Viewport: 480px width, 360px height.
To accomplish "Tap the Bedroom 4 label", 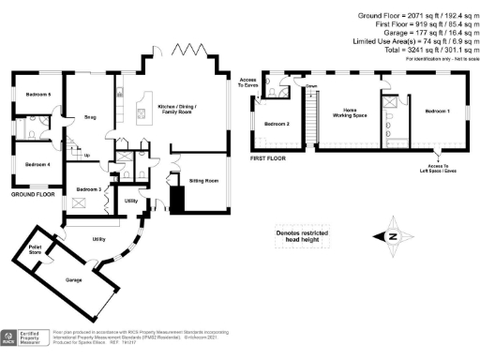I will (37, 164).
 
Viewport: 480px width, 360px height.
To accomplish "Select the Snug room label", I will (90, 117).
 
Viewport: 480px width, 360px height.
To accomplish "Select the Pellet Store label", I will (37, 249).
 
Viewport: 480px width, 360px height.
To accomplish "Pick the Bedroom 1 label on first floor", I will (437, 112).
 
